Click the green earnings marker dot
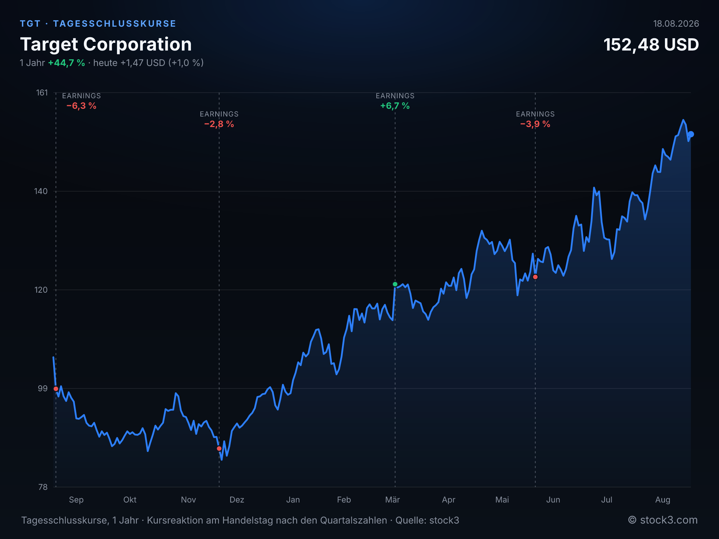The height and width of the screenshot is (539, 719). [395, 284]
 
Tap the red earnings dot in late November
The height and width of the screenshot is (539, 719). [219, 448]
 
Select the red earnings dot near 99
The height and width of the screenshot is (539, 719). [56, 389]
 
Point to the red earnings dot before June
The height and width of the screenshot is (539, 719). [535, 277]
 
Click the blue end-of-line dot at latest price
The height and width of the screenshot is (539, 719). [691, 134]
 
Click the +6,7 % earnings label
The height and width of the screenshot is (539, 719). [395, 106]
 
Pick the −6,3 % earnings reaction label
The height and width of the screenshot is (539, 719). [81, 106]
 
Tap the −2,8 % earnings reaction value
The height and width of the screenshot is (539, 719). [219, 124]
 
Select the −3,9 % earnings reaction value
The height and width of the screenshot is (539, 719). [535, 124]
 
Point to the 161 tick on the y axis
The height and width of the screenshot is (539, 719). [42, 93]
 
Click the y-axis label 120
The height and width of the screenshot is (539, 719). [41, 290]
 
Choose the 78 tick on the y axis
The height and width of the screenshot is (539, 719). [43, 487]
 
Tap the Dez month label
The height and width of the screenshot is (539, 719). [237, 500]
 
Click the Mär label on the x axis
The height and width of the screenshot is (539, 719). [393, 500]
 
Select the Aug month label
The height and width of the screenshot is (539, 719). [662, 500]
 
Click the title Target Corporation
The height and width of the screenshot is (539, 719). [106, 45]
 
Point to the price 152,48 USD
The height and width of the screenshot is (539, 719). [651, 45]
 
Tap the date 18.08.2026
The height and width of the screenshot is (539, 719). [676, 24]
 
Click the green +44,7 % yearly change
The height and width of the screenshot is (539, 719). [66, 63]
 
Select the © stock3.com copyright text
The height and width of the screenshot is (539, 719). [662, 520]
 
